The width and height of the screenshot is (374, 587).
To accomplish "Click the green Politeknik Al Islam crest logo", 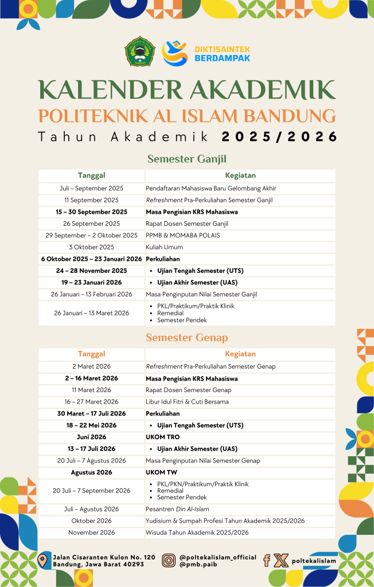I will pos(140,52).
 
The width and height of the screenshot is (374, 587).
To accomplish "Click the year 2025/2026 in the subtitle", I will pos(279,136).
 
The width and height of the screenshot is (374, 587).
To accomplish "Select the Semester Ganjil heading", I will pos(186,159).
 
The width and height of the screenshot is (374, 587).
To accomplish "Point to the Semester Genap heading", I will pos(186,338).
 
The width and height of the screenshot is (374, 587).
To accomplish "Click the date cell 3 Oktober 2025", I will pos(92,247).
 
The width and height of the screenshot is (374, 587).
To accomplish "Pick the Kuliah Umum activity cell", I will pos(164,247).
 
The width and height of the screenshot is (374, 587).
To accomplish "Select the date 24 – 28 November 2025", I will pos(92,271).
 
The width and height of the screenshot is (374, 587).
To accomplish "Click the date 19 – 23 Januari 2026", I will pos(92,283).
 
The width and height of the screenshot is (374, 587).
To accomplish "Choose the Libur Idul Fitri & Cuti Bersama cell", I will pos(187,402).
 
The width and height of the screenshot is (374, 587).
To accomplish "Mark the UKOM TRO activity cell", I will pos(162,437).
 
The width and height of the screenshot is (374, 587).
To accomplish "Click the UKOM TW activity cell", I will pos(161,472).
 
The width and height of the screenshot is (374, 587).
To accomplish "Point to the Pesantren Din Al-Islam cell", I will pos(177,509).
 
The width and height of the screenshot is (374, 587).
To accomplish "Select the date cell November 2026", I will pos(92,533).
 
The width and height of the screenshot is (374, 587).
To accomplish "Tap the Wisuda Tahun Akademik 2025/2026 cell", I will pos(197,533).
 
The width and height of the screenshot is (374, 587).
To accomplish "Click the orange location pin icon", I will pos(42,560).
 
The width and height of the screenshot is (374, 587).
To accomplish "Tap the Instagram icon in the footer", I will pos(169,560).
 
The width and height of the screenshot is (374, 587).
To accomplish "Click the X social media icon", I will pos(280,560).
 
